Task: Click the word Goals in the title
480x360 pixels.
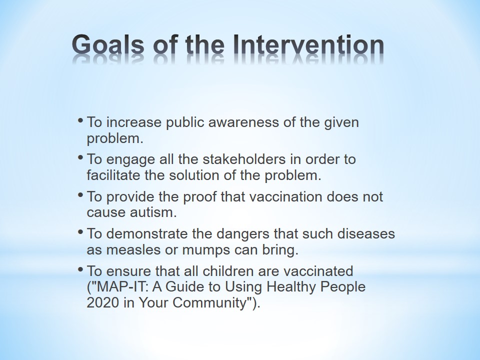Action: (x=108, y=45)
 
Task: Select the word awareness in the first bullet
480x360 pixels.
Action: (x=243, y=122)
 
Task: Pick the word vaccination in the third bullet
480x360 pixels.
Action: (x=285, y=196)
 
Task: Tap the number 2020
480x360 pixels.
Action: (x=102, y=303)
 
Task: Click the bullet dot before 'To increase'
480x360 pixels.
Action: (x=80, y=120)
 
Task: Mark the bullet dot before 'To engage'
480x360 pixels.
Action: (x=80, y=157)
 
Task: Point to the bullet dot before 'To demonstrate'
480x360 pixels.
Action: (x=80, y=231)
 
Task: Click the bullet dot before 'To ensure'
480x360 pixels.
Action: (x=80, y=269)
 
